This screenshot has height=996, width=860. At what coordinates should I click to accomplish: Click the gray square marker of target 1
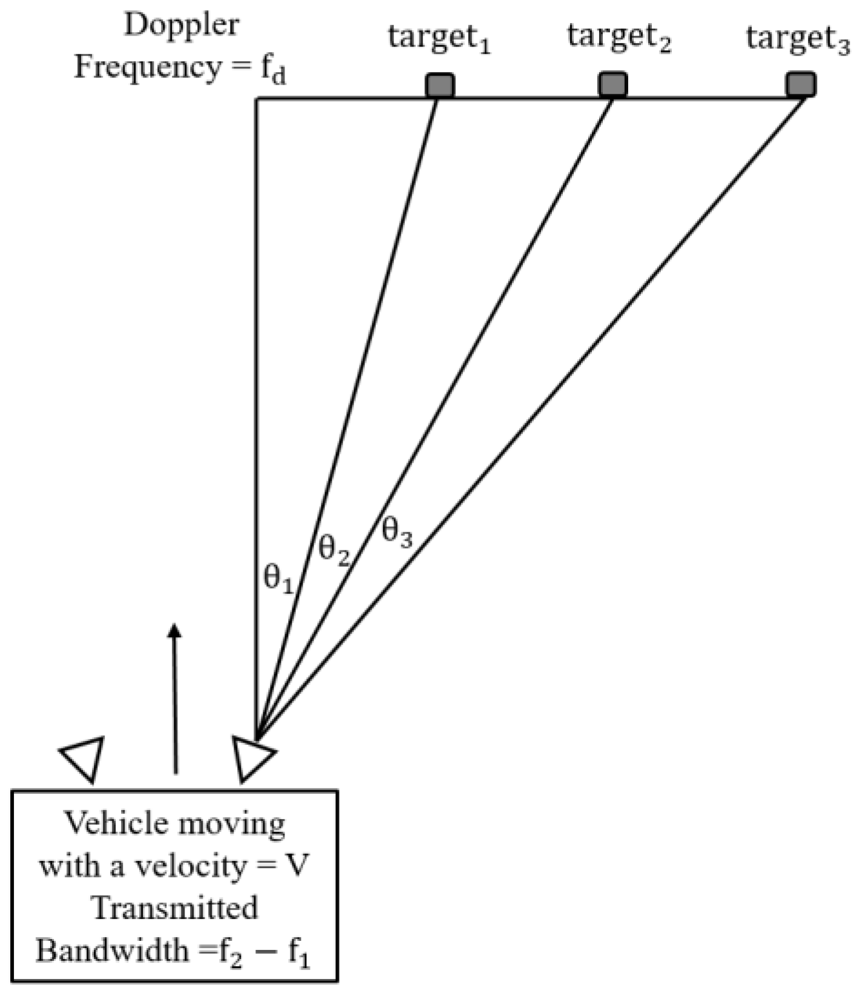[439, 85]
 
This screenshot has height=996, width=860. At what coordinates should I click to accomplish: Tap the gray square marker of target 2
[612, 85]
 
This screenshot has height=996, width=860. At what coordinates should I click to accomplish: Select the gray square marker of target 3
[801, 84]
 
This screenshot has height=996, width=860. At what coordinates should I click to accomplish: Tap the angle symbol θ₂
[334, 550]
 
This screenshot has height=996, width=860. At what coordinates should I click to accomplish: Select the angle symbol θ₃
[397, 532]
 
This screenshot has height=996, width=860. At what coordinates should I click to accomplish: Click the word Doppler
[182, 26]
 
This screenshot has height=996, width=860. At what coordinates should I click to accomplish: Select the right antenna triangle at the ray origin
[252, 757]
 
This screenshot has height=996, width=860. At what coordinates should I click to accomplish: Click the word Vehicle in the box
[116, 823]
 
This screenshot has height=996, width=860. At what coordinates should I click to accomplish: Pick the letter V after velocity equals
[297, 866]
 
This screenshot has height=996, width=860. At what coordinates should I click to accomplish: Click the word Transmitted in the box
[174, 908]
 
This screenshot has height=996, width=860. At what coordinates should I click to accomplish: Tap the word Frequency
[148, 67]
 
